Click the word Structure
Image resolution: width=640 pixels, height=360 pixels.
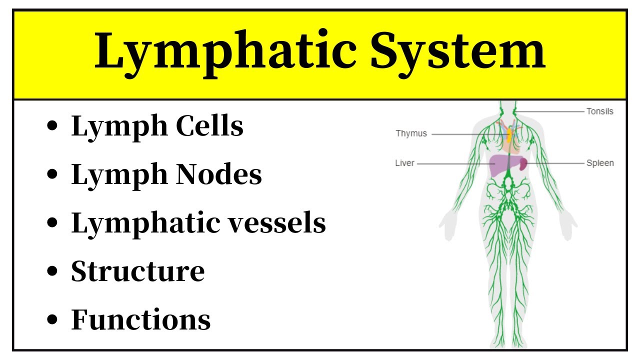137,271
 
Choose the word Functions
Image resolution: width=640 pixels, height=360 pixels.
140,319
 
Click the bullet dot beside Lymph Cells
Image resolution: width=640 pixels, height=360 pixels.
51,126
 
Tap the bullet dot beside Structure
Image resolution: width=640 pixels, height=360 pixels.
51,271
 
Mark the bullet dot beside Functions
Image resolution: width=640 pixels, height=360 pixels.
51,320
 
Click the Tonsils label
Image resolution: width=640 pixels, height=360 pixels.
599,111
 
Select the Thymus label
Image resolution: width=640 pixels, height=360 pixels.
411,133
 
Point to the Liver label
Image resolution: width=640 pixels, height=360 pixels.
404,163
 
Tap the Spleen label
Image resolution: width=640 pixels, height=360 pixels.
600,163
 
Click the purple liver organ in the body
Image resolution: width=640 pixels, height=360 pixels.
497,165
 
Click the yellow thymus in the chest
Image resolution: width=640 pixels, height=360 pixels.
509,134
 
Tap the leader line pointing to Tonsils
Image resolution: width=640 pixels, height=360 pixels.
550,111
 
